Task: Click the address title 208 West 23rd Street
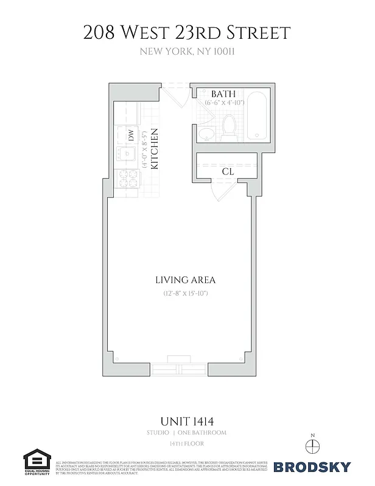pyautogui.click(x=187, y=32)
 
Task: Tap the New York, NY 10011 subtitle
pyautogui.click(x=187, y=52)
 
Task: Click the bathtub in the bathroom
pyautogui.click(x=256, y=115)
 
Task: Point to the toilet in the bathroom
pyautogui.click(x=230, y=127)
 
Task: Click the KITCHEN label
pyautogui.click(x=155, y=149)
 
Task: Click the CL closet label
pyautogui.click(x=228, y=172)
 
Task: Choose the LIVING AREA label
pyautogui.click(x=186, y=280)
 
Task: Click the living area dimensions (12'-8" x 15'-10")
pyautogui.click(x=186, y=293)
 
